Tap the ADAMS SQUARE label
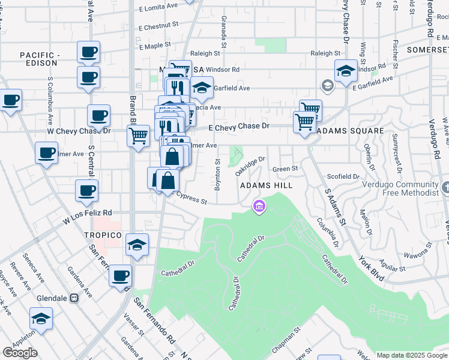point(350,131)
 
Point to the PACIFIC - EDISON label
point(40,59)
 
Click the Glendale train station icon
point(74,298)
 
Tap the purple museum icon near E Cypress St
point(259,207)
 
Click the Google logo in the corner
point(20,353)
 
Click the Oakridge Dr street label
point(250,166)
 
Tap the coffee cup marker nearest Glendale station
point(121,275)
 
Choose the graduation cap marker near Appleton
point(41,318)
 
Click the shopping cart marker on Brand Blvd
point(139,135)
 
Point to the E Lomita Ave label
point(158,8)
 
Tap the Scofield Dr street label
point(343,176)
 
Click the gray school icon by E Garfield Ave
point(327,85)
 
